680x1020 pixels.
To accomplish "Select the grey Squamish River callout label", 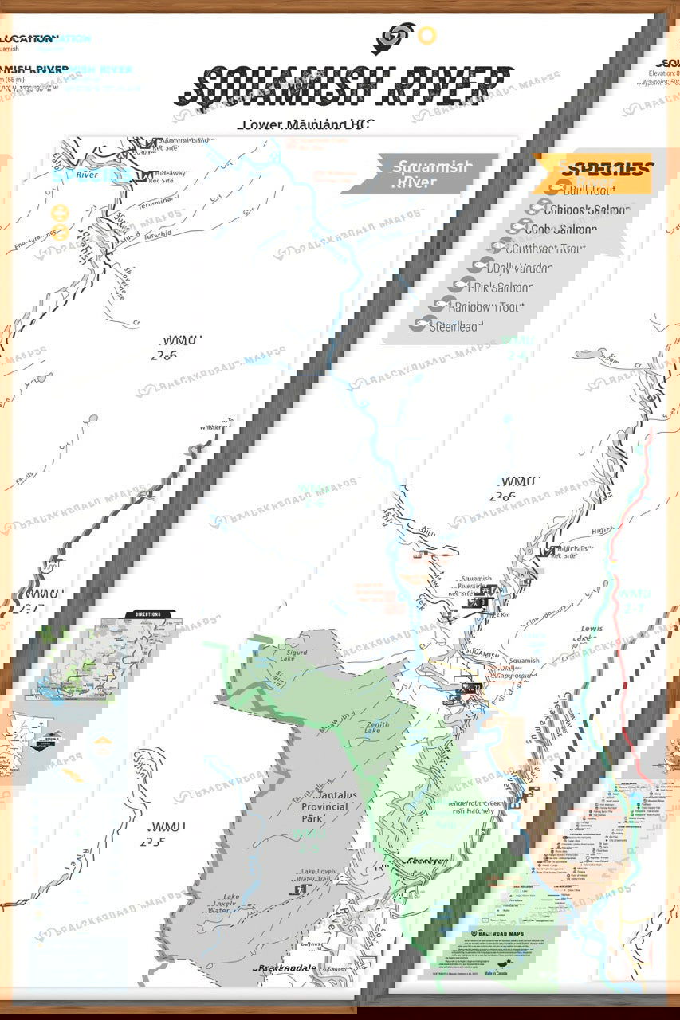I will click(420, 174).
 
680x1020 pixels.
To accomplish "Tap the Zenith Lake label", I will click(372, 726).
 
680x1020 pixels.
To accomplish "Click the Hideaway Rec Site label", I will click(177, 176).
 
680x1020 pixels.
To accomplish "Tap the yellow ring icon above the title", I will click(427, 35).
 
